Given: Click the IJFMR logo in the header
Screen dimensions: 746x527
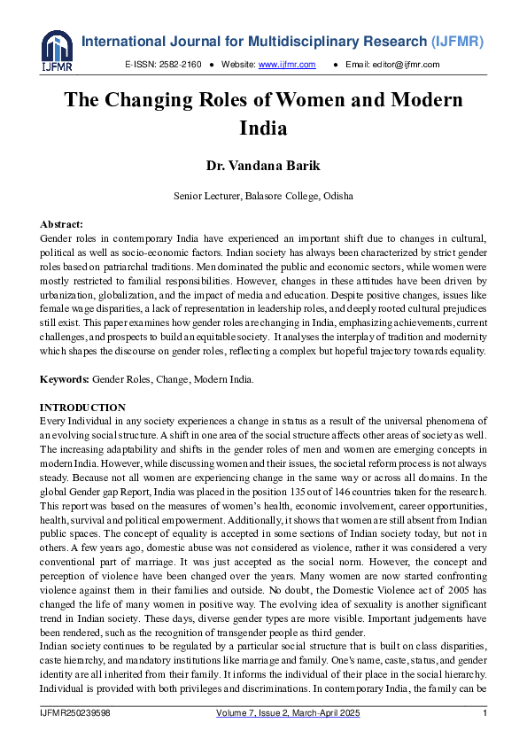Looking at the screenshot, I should click(56, 51).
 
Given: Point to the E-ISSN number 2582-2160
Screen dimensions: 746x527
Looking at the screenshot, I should click(182, 65).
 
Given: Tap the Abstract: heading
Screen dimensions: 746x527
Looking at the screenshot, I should click(62, 226).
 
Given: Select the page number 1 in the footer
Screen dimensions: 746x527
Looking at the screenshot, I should click(484, 713).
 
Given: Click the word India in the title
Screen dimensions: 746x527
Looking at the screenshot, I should click(263, 128).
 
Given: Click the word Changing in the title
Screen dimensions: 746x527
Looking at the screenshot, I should click(151, 100).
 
